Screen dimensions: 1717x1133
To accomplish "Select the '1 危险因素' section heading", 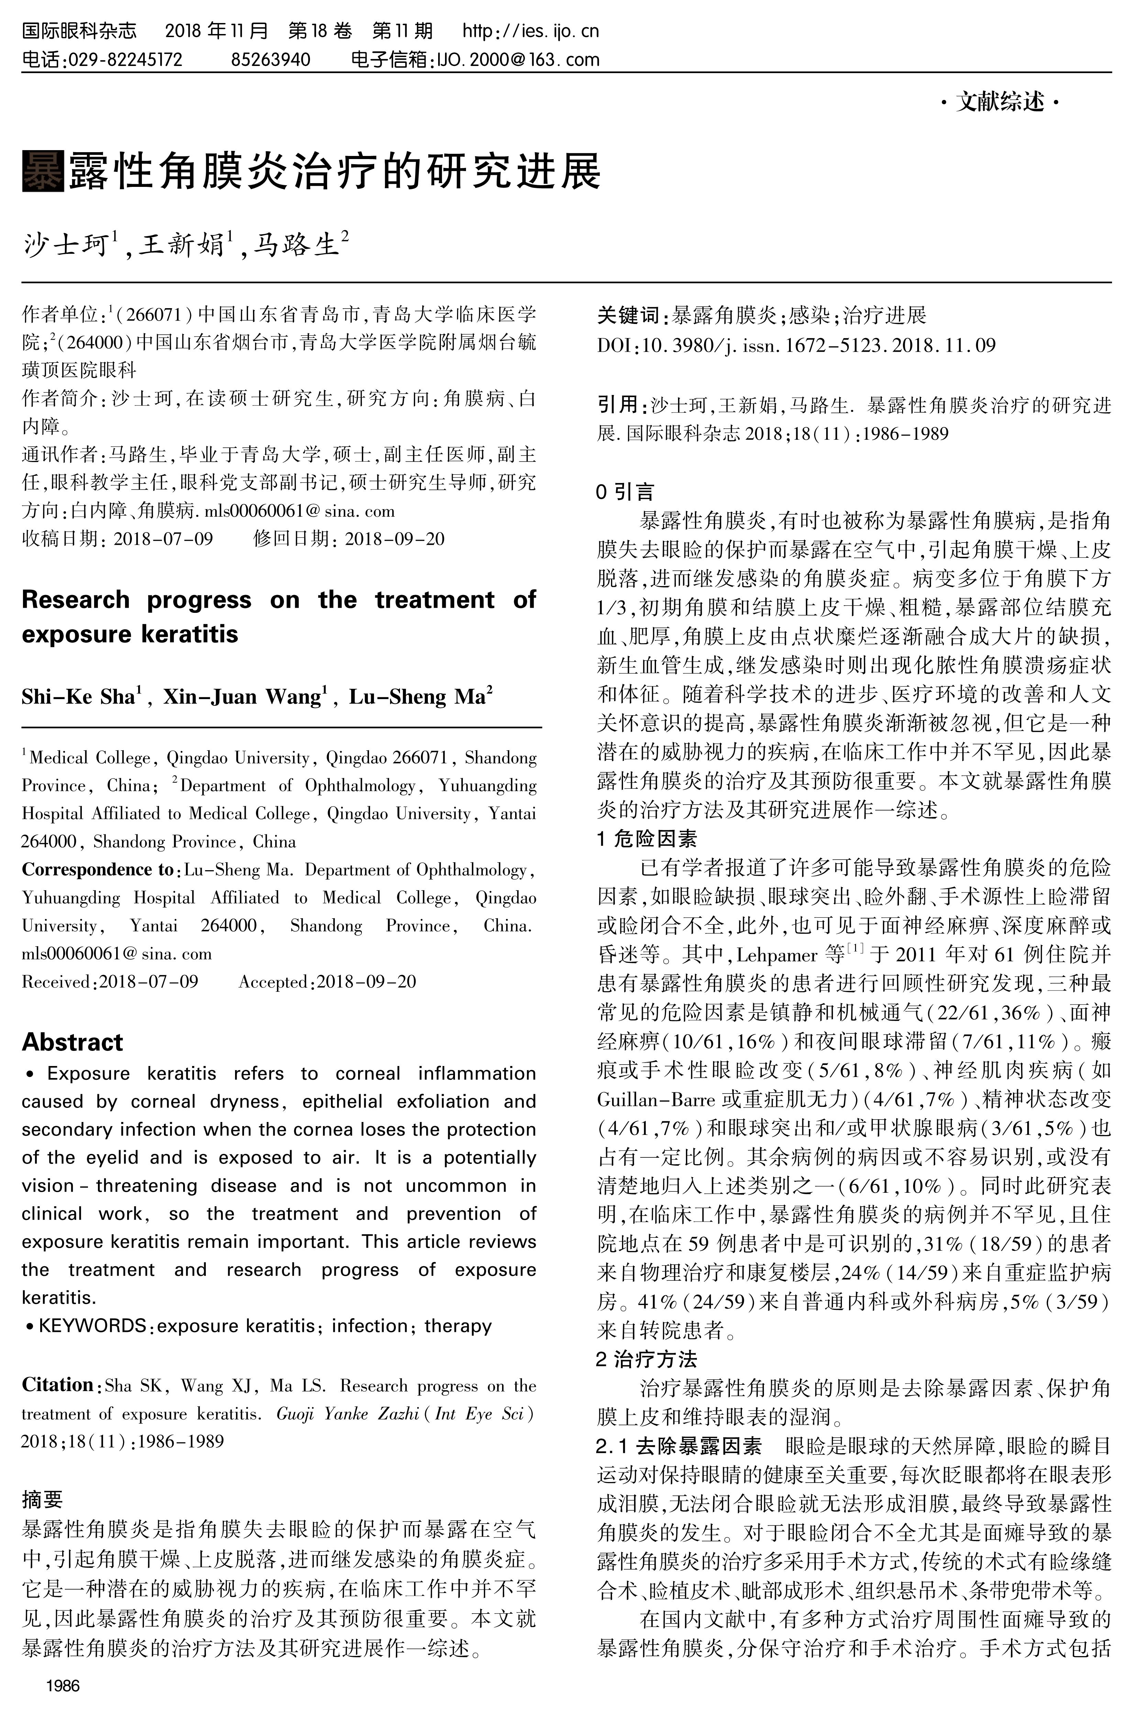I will point(647,839).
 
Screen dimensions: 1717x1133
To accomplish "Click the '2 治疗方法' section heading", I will point(647,1359).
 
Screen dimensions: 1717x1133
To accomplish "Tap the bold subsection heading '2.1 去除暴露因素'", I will point(679,1446).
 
